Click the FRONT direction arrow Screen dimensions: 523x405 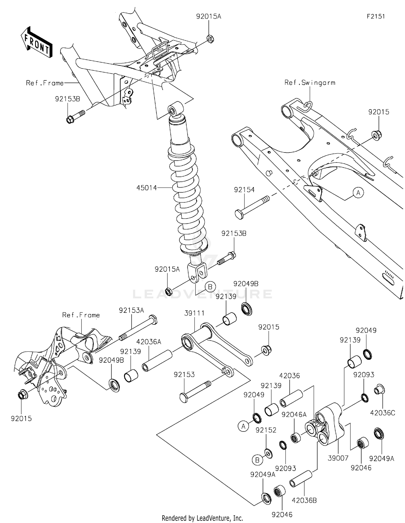click(36, 42)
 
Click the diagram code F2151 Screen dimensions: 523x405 click(376, 16)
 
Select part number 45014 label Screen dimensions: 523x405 click(147, 188)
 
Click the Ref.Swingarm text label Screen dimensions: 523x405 click(310, 83)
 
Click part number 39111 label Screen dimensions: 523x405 click(194, 313)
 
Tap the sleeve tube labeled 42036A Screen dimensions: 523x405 click(157, 360)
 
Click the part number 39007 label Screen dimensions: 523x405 click(338, 458)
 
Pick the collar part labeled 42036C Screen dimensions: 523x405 click(379, 390)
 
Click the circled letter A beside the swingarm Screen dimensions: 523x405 click(358, 193)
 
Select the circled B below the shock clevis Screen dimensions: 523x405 click(210, 287)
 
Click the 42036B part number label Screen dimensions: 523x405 click(304, 500)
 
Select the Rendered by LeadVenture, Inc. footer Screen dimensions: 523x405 click(202, 518)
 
